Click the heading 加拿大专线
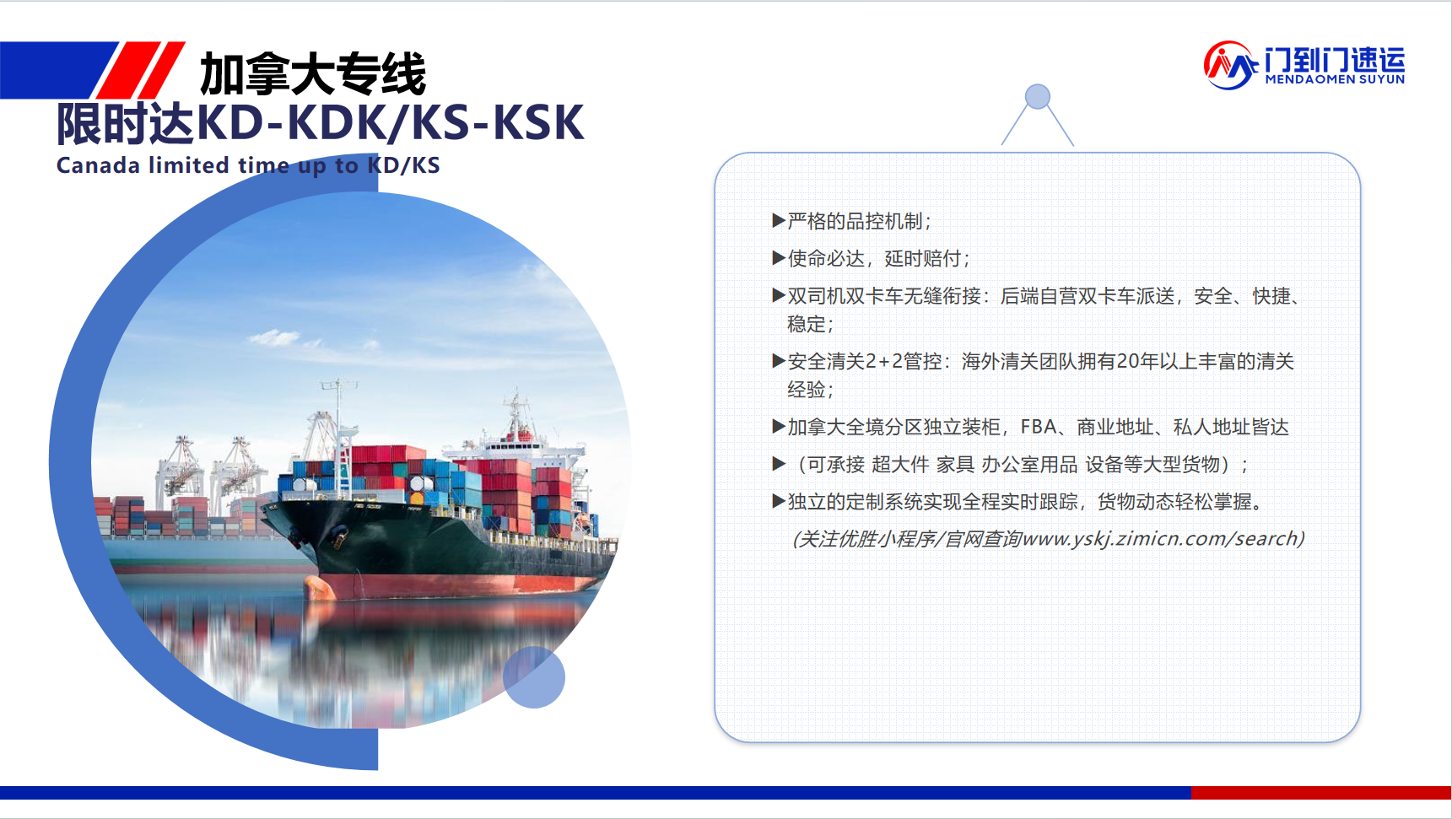(313, 74)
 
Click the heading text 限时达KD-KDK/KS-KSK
(320, 123)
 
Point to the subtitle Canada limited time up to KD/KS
(248, 165)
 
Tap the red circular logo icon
(1229, 65)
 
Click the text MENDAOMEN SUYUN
(1335, 79)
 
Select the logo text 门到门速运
(1335, 60)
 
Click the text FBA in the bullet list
(1038, 427)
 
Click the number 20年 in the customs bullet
(1137, 362)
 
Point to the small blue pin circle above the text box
(1038, 97)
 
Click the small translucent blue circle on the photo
(534, 677)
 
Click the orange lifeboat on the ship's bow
(319, 585)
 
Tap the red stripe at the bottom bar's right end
(1320, 793)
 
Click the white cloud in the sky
(274, 338)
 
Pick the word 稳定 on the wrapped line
(806, 324)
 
